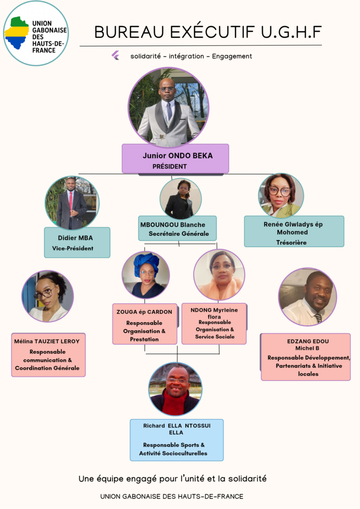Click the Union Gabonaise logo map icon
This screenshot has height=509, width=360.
click(x=17, y=33)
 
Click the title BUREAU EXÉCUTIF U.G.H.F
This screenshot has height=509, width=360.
click(x=208, y=32)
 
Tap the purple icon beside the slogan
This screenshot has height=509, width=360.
click(x=115, y=56)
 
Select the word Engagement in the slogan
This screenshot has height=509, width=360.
click(x=232, y=56)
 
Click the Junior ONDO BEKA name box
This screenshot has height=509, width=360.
click(x=175, y=158)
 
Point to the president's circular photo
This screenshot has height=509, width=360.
click(x=169, y=108)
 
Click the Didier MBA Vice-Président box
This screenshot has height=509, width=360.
click(x=77, y=242)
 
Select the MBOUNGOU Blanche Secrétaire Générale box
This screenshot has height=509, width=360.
click(x=178, y=229)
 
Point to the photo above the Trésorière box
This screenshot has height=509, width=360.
click(x=281, y=195)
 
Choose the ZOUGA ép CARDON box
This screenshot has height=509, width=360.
click(x=144, y=324)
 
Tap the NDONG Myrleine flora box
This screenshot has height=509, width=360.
click(x=214, y=323)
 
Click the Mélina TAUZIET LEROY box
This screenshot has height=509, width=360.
click(x=48, y=355)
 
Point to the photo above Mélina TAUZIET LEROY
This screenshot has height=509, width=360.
click(x=47, y=296)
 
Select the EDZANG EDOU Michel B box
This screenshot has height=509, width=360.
click(x=306, y=357)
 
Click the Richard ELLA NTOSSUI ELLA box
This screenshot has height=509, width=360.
click(x=176, y=440)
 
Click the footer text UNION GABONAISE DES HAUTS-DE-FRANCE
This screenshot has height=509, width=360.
click(x=172, y=496)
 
